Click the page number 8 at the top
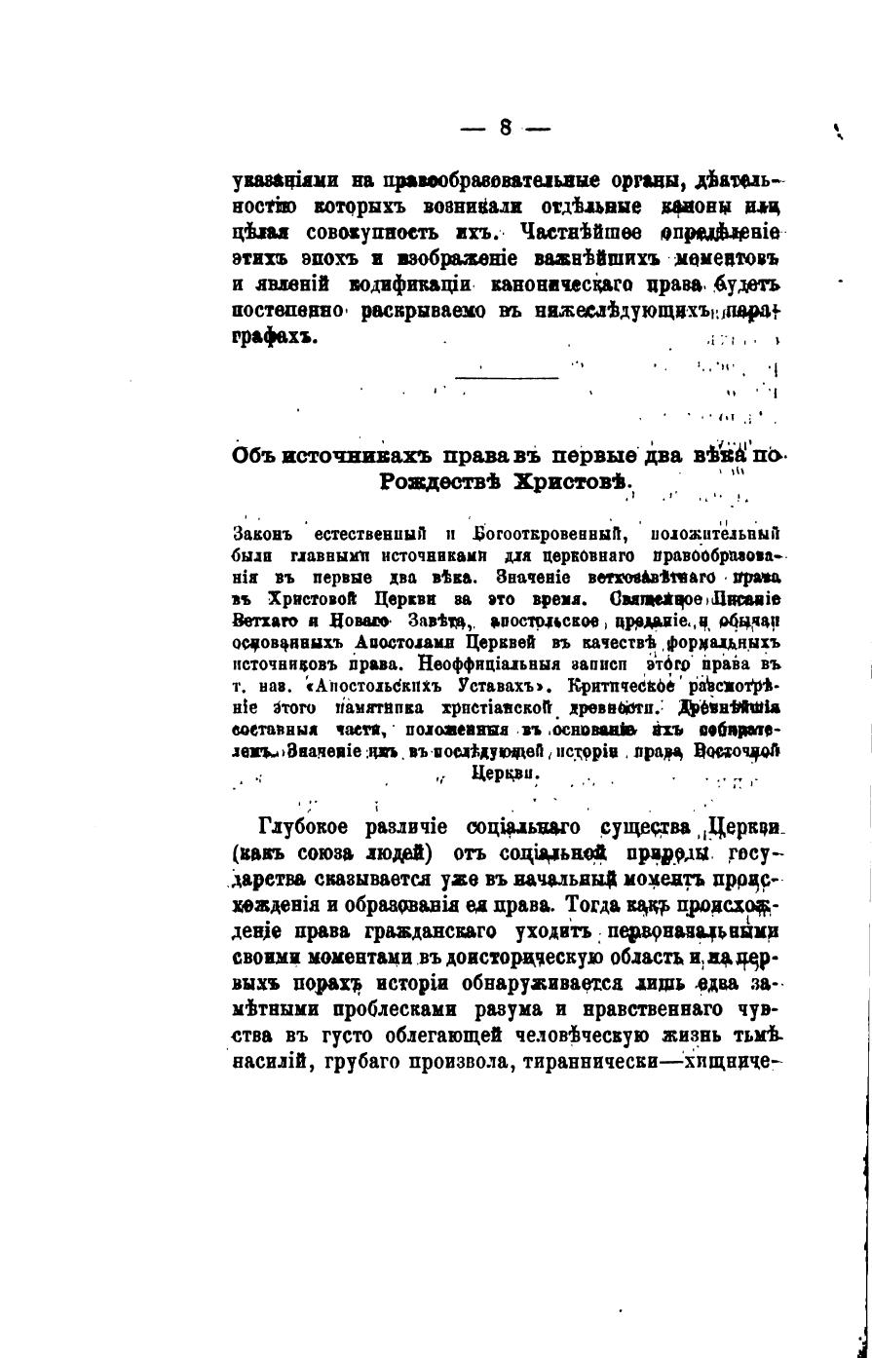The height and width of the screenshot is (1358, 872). click(506, 128)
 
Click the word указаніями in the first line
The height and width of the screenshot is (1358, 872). click(286, 181)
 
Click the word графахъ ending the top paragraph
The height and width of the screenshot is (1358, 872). click(276, 336)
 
